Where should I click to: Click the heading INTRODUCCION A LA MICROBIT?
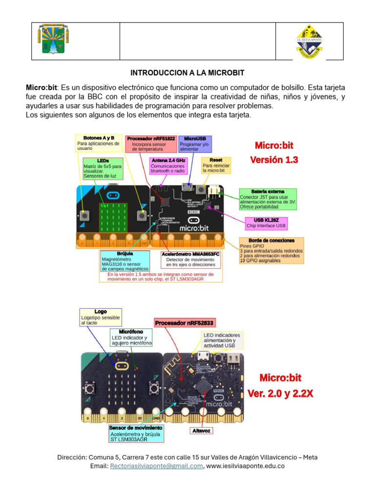187,72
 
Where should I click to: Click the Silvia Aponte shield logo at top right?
310,42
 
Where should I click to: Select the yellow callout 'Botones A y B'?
99,143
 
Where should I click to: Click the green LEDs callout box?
103,168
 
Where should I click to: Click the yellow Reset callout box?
216,166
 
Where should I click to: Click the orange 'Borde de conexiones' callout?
271,250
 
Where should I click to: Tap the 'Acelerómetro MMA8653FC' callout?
190,260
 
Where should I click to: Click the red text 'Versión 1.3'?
274,160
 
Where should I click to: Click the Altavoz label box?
201,430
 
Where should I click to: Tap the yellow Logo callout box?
101,317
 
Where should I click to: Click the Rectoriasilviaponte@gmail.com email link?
156,466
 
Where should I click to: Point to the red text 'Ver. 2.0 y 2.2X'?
280,393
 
